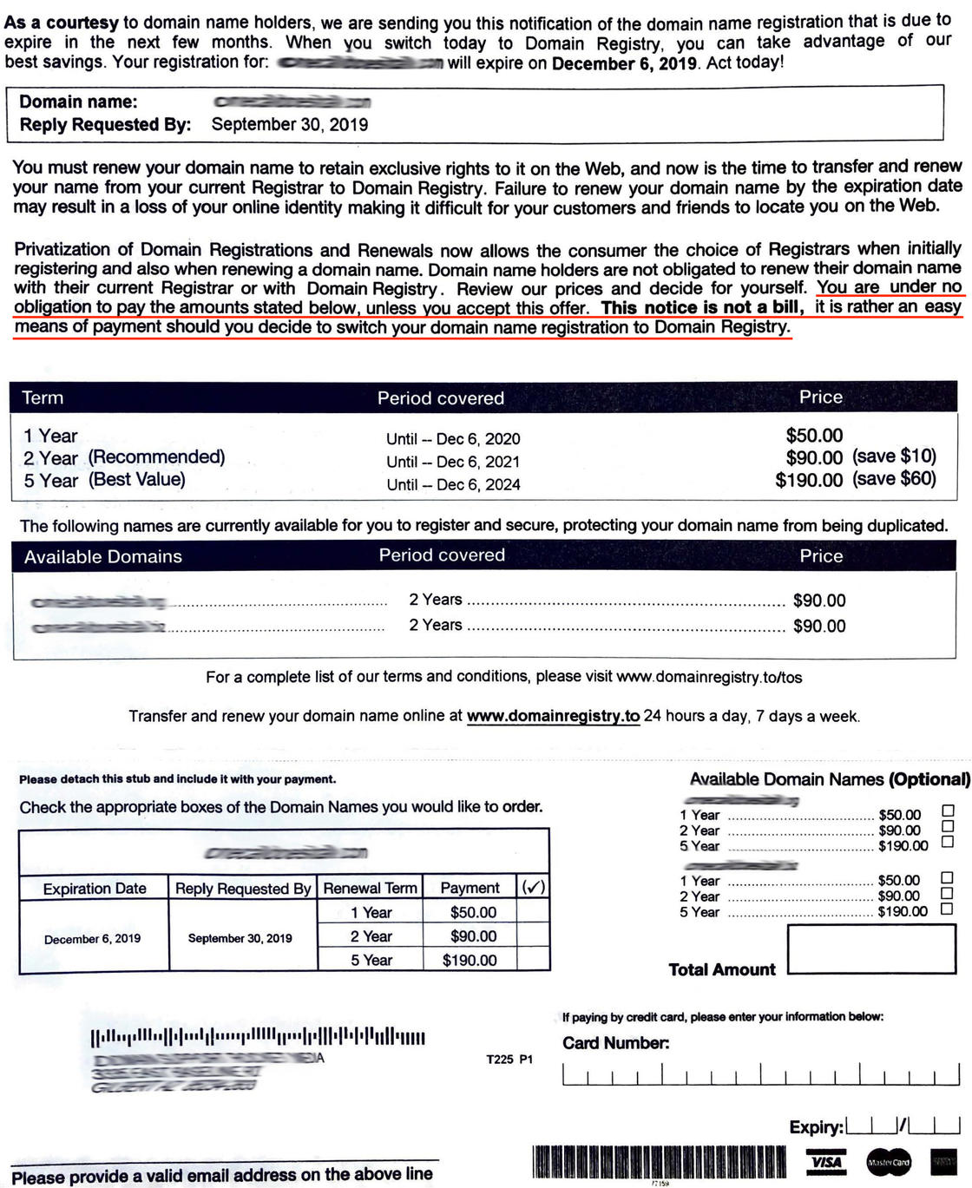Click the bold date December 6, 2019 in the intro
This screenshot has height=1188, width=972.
pyautogui.click(x=624, y=63)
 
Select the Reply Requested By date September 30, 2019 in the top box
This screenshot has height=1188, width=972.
pyautogui.click(x=290, y=124)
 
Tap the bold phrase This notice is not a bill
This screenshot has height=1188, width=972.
pyautogui.click(x=702, y=307)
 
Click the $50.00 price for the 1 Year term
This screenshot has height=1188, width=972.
pyautogui.click(x=814, y=436)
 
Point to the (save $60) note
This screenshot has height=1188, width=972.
pyautogui.click(x=894, y=479)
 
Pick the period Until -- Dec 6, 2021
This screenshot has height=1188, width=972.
pyautogui.click(x=453, y=462)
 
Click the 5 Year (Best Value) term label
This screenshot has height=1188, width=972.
pyautogui.click(x=104, y=480)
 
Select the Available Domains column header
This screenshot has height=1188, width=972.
pyautogui.click(x=103, y=557)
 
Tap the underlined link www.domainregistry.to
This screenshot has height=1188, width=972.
pyautogui.click(x=553, y=717)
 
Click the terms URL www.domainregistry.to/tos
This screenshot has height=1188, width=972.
pyautogui.click(x=709, y=677)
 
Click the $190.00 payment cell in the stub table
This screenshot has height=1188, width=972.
pyautogui.click(x=470, y=960)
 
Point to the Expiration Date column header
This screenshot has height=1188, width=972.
pyautogui.click(x=95, y=889)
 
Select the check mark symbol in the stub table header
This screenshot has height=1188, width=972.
pyautogui.click(x=533, y=888)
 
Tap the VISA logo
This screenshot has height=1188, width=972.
pyautogui.click(x=827, y=1161)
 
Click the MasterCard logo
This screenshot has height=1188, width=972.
pyautogui.click(x=889, y=1162)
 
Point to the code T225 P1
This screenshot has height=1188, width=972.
pyautogui.click(x=509, y=1060)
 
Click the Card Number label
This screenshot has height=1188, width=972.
pyautogui.click(x=615, y=1043)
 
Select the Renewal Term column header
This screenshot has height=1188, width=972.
pyautogui.click(x=370, y=889)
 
